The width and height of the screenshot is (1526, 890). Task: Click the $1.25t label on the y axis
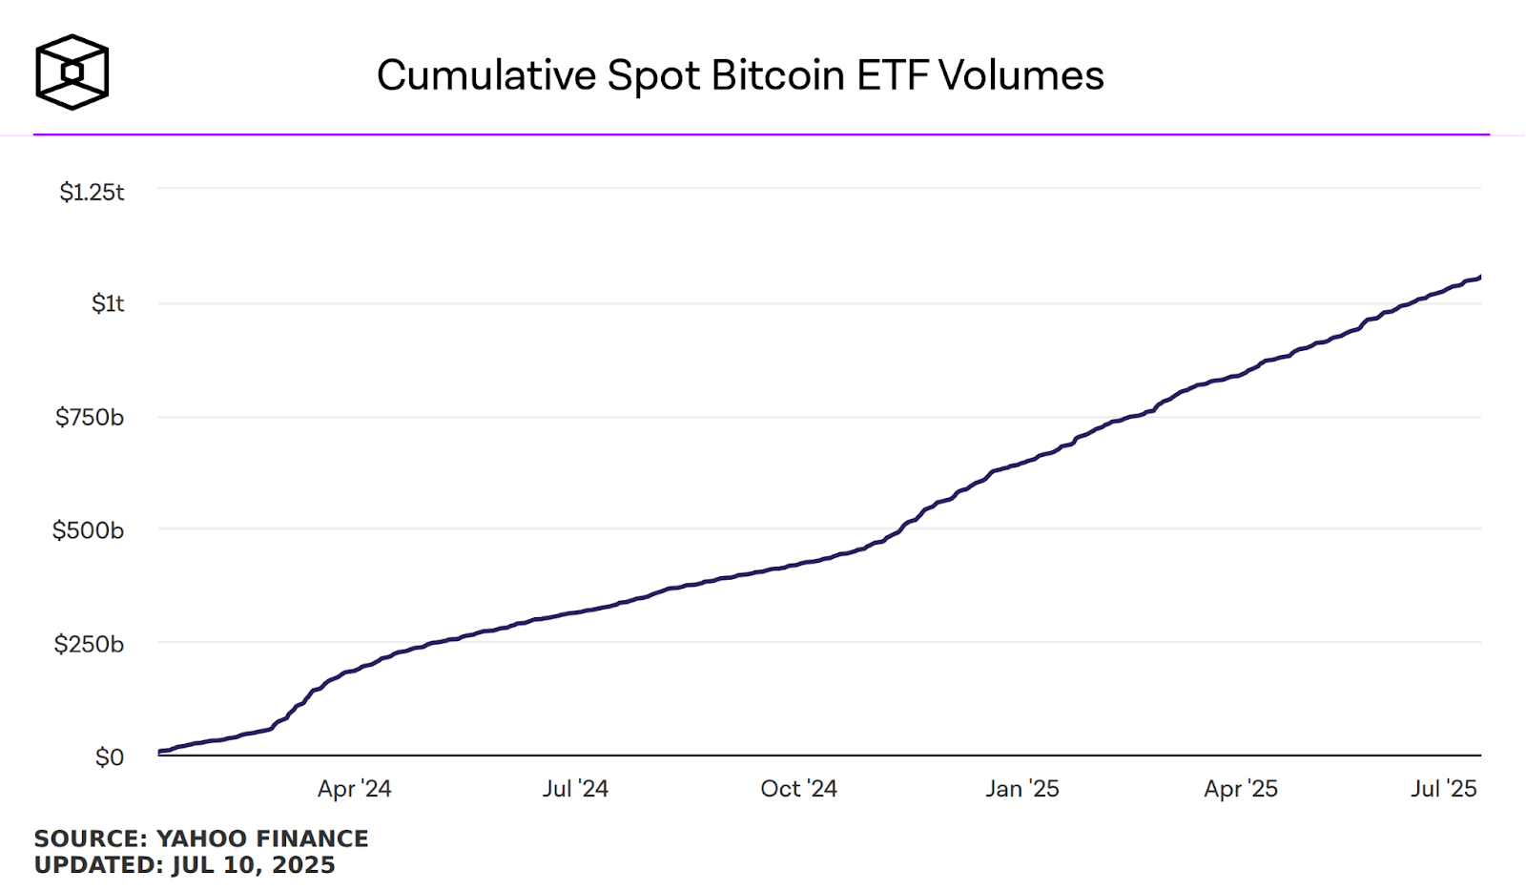click(92, 192)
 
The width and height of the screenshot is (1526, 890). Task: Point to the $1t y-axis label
click(108, 303)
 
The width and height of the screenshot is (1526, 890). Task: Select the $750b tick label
click(90, 417)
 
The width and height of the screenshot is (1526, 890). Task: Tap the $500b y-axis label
click(88, 529)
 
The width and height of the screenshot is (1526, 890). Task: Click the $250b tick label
click(89, 644)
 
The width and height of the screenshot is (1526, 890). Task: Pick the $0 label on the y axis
click(110, 757)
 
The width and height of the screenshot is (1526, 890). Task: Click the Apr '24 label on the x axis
click(354, 789)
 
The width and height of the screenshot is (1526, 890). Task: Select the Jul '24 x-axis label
click(575, 789)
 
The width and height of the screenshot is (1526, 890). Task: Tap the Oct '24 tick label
click(798, 789)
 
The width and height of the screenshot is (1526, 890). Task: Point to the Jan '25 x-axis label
click(1022, 789)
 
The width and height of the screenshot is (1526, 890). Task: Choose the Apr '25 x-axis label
click(1240, 789)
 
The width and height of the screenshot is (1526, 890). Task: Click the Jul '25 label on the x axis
click(1444, 789)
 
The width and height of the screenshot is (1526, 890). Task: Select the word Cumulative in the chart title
click(486, 75)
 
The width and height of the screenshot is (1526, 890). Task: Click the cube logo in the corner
click(72, 72)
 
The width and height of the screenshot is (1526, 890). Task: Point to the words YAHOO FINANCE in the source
click(262, 838)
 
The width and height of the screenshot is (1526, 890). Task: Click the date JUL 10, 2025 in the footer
click(254, 865)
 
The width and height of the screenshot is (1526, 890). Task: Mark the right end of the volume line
click(1480, 277)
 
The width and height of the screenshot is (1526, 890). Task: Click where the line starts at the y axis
click(160, 752)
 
